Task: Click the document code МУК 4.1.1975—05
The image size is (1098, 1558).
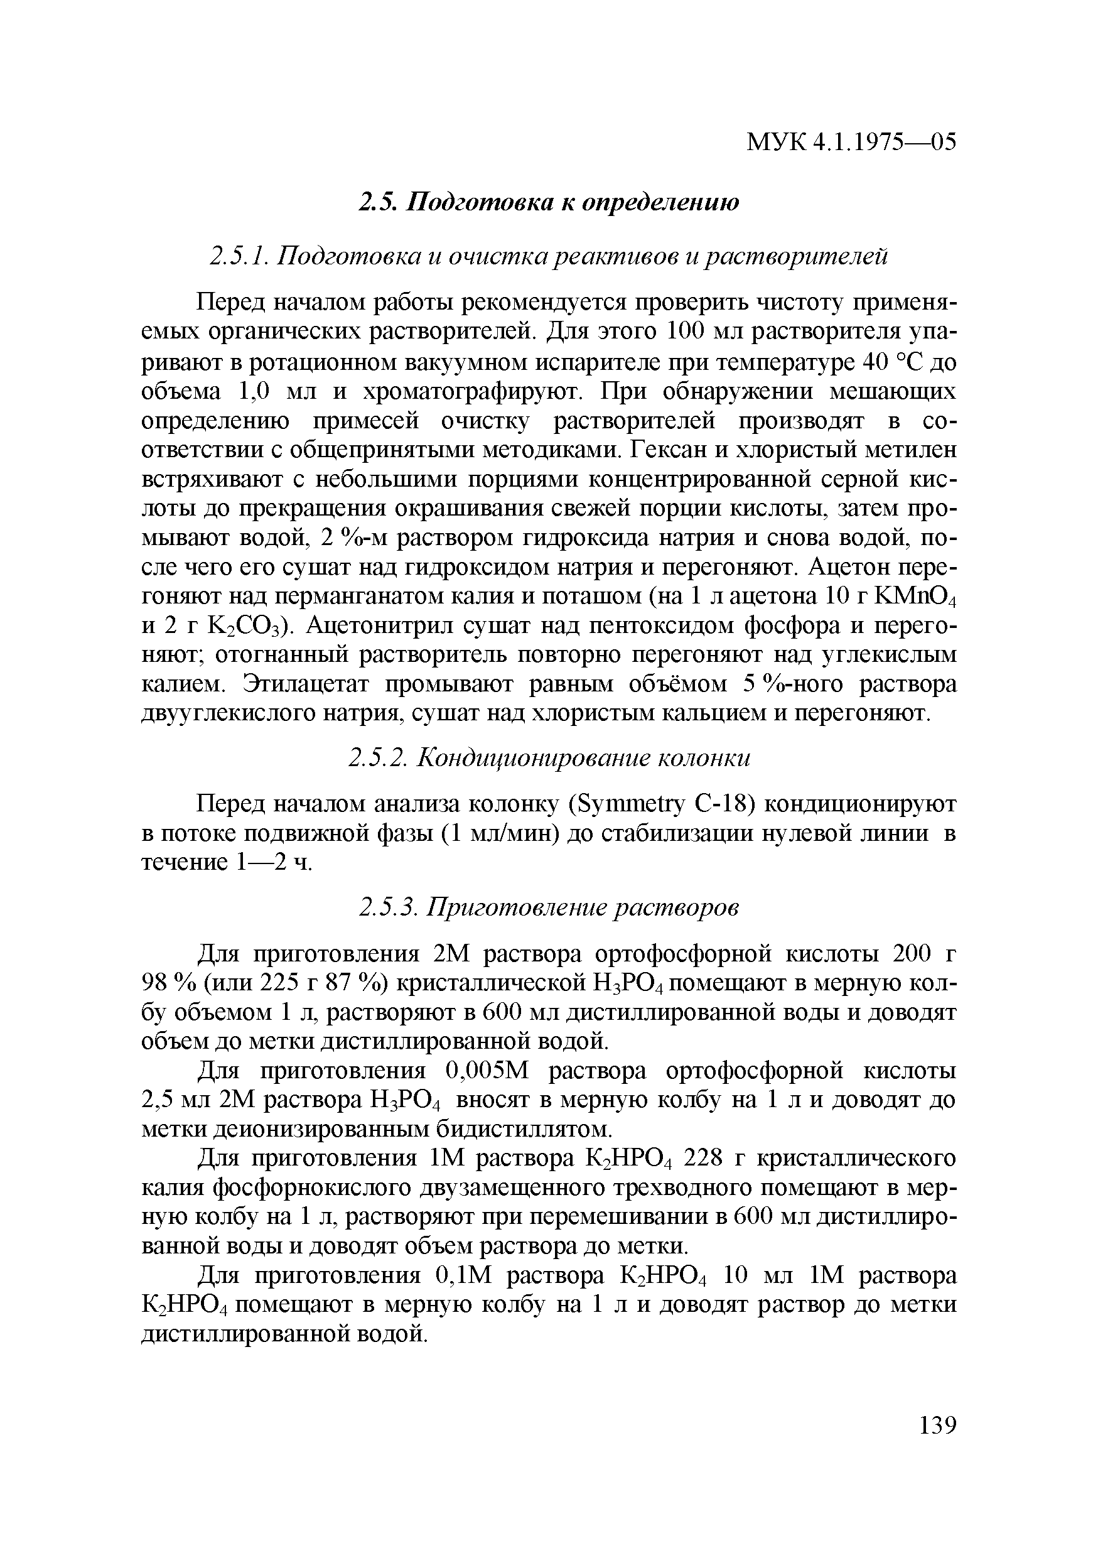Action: coord(851,143)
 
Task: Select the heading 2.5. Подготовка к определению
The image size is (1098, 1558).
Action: coord(549,202)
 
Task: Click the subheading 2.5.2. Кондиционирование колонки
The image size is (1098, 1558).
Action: coord(549,758)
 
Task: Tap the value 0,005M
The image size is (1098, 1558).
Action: coord(488,1071)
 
